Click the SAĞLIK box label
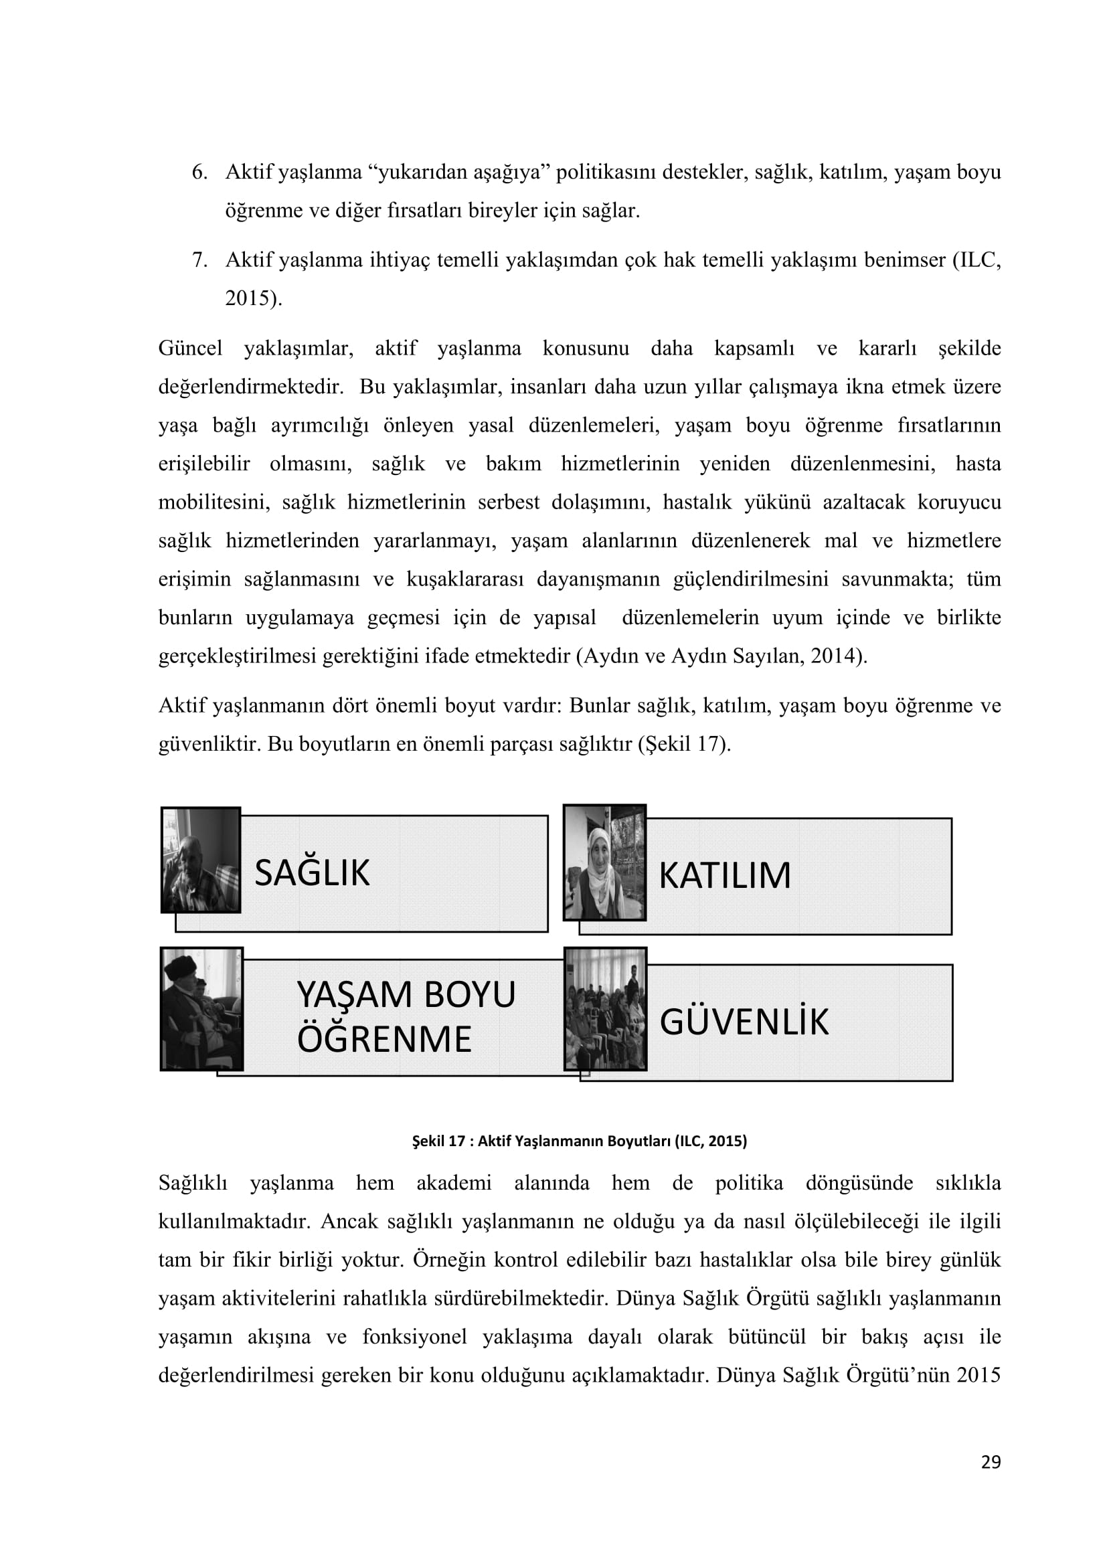(x=311, y=873)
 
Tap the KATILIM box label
(x=724, y=876)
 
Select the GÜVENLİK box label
(x=744, y=1022)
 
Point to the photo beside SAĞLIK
(x=201, y=860)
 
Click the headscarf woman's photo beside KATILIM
(x=604, y=862)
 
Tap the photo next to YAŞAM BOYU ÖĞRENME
(x=201, y=1008)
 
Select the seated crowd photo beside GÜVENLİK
(x=605, y=1008)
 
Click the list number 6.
(x=199, y=173)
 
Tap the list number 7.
(x=199, y=260)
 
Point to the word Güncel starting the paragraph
(x=190, y=349)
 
